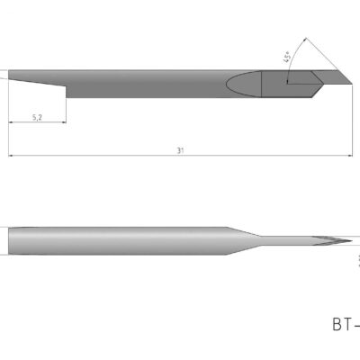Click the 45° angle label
(286, 57)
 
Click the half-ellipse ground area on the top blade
(243, 84)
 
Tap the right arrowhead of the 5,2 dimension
(64, 122)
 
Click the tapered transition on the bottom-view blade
(239, 240)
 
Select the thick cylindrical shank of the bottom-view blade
(117, 240)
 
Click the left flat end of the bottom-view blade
(9, 240)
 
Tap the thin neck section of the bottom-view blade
(279, 240)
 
